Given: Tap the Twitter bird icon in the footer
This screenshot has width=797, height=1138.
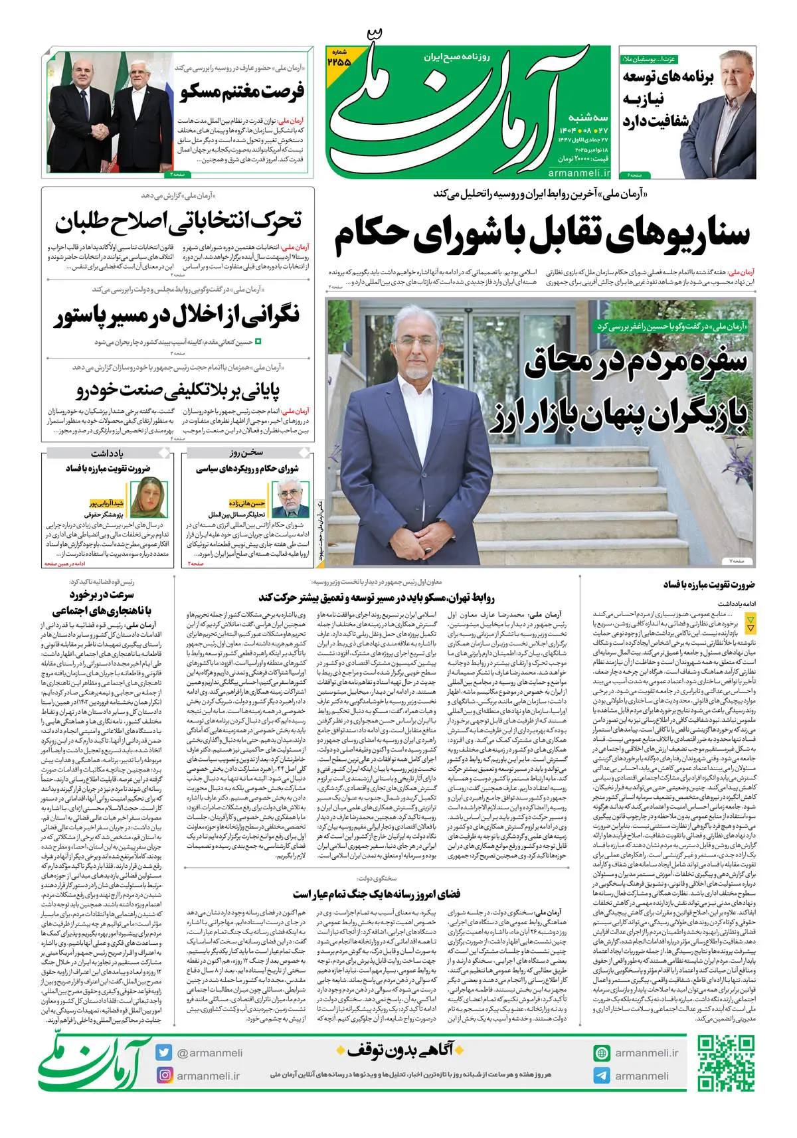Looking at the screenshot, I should [x=164, y=1052].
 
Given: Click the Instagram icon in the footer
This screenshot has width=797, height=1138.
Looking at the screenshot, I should [x=164, y=1075].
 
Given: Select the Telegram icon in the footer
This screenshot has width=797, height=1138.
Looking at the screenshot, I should [x=602, y=1076].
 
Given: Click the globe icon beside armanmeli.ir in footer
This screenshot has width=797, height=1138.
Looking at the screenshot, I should [x=602, y=1052].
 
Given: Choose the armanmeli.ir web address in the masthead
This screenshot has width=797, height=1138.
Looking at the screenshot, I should [x=579, y=173].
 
